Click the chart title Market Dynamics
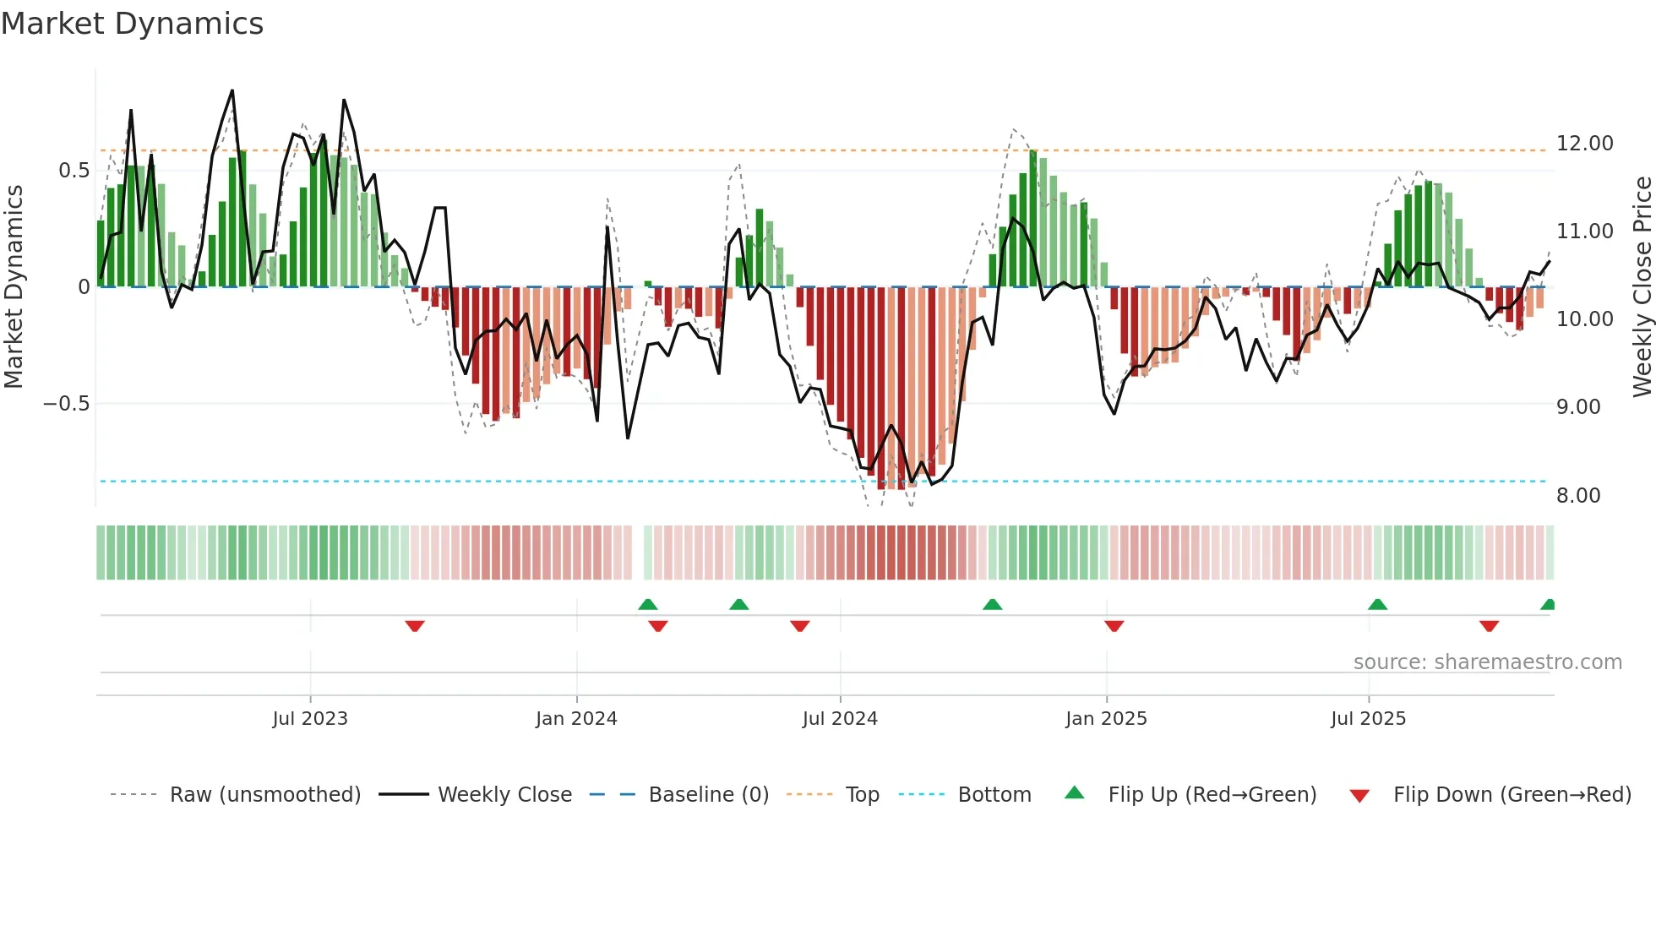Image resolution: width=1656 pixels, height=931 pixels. click(x=132, y=24)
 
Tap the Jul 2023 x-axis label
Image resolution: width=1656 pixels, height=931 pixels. click(x=310, y=719)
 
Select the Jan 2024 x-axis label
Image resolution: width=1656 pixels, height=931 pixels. click(x=576, y=719)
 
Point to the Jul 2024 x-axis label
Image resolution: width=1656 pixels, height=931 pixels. click(x=840, y=719)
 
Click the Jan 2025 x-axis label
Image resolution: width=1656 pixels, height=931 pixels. click(x=1106, y=719)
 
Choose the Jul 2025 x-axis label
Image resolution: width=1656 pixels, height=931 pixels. click(x=1368, y=719)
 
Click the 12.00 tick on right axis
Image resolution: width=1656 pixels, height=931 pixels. click(x=1584, y=144)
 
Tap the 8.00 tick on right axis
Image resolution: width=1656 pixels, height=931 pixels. click(x=1577, y=496)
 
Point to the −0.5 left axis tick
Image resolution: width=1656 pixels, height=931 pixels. click(x=66, y=404)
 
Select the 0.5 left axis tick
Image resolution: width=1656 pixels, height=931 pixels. click(x=74, y=171)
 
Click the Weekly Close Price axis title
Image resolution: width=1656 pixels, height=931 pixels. click(x=1642, y=286)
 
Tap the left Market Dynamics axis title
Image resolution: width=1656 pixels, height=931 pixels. click(x=14, y=286)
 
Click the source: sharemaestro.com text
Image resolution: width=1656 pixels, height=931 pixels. click(x=1487, y=662)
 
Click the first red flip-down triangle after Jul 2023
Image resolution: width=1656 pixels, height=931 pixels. click(x=414, y=625)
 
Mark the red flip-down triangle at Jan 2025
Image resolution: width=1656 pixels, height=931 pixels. click(x=1114, y=625)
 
